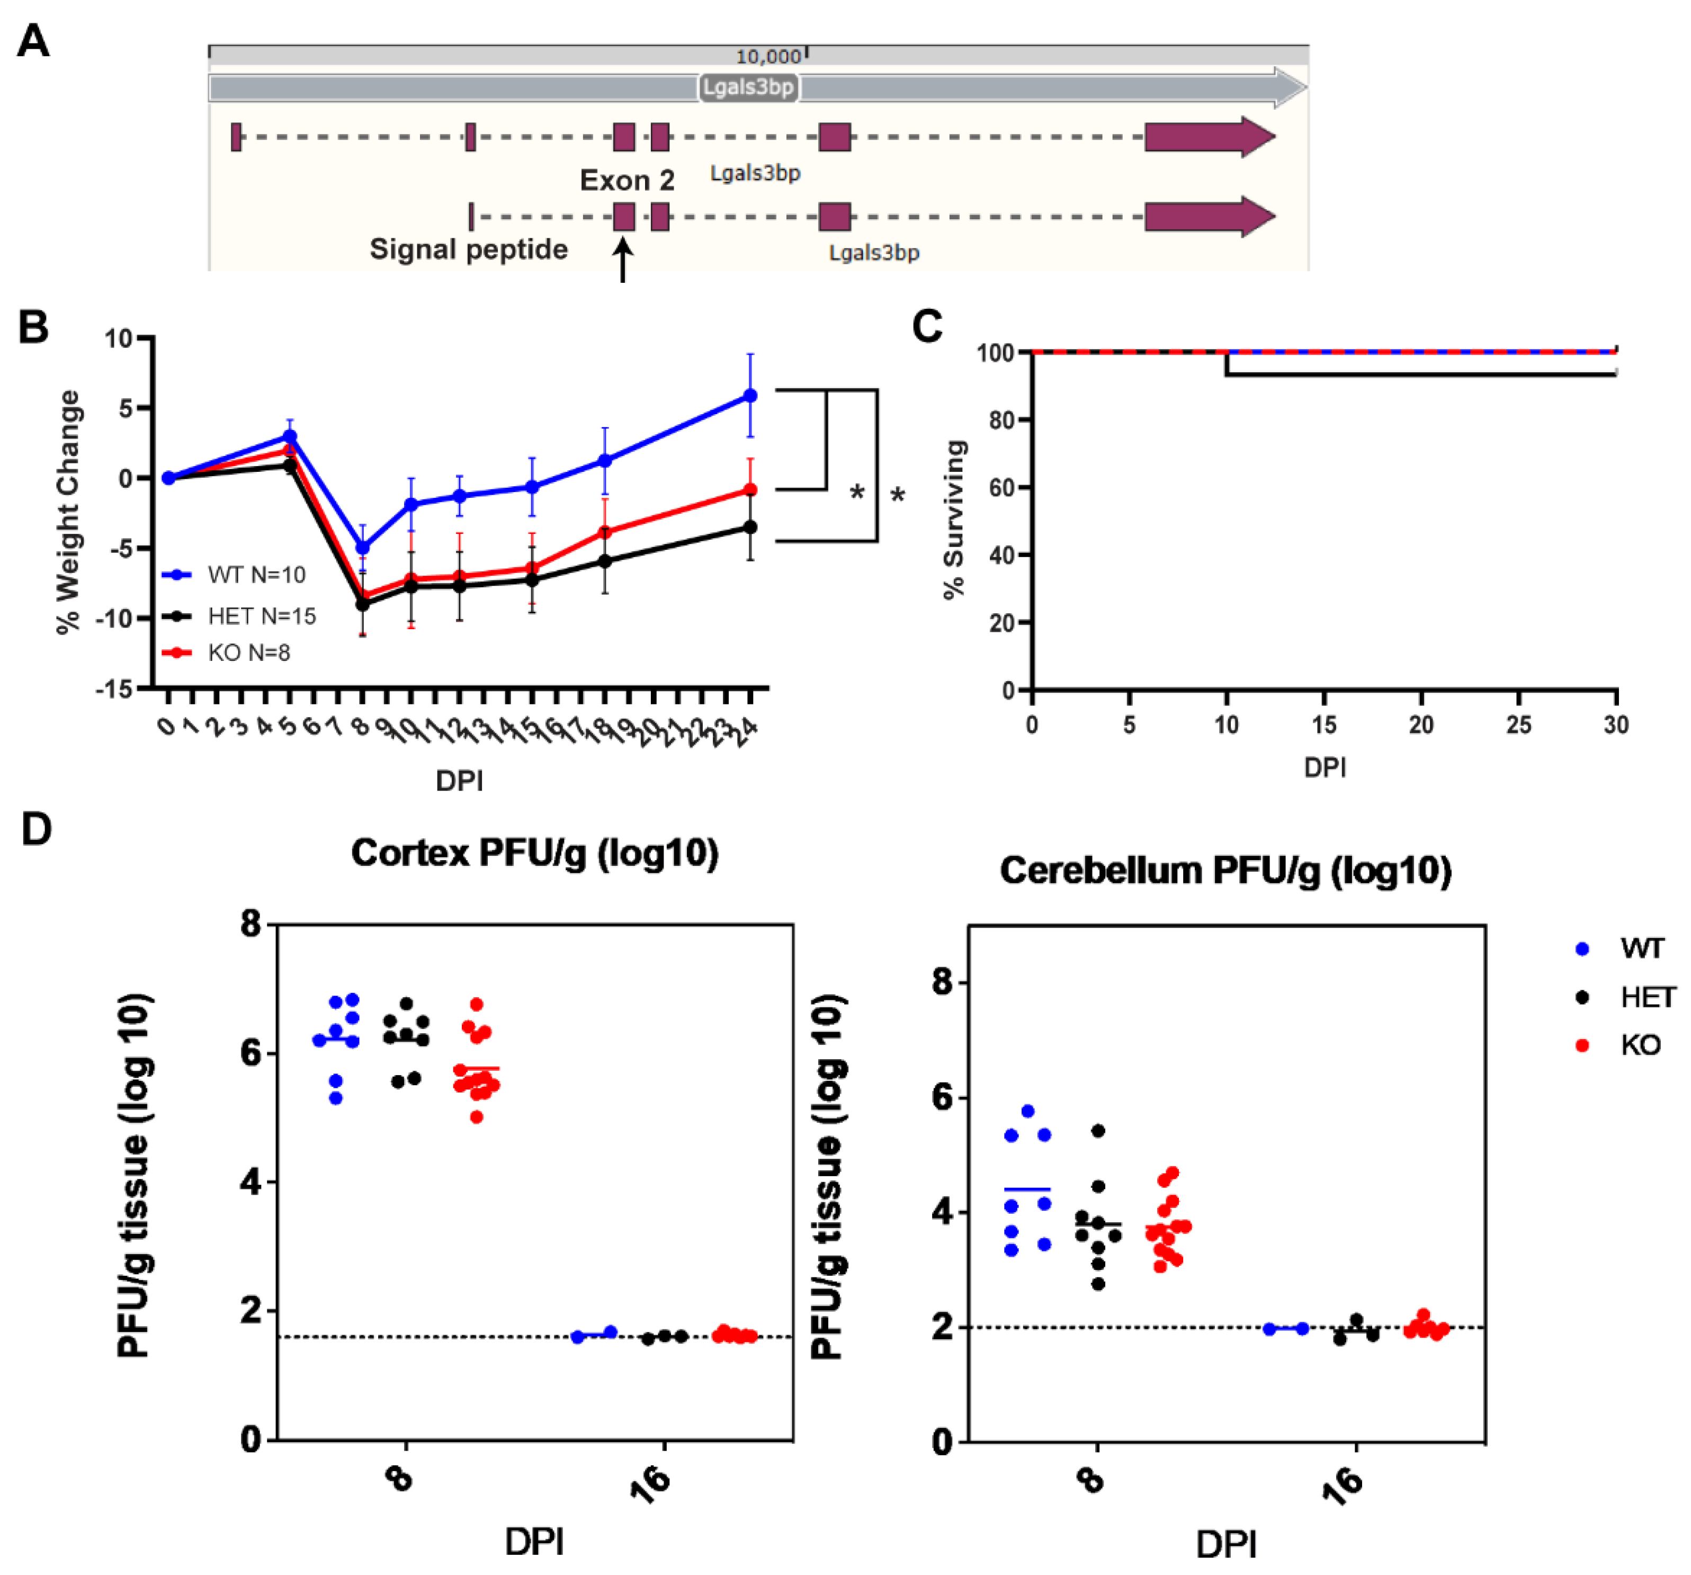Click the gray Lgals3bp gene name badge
748,87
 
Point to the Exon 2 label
627,180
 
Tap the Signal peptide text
469,249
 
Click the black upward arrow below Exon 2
623,260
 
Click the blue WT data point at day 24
750,396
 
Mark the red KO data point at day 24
750,490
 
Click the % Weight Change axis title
68,512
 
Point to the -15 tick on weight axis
115,689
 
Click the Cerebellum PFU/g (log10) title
1225,870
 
